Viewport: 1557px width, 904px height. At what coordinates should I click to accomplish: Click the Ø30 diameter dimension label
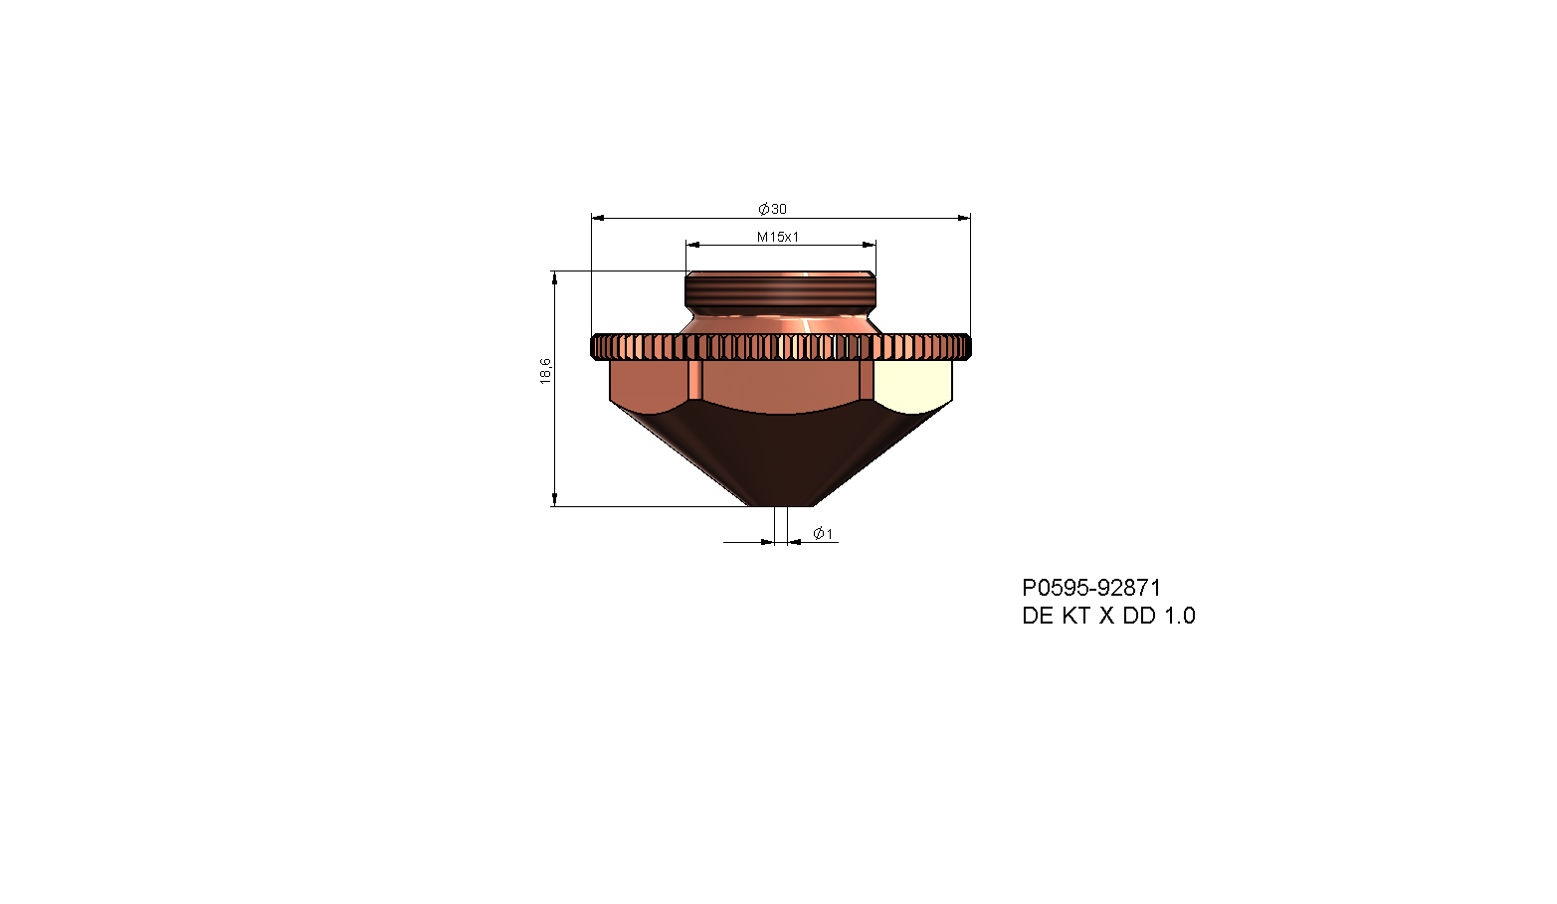[772, 209]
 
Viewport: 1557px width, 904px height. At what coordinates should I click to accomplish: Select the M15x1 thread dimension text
[778, 237]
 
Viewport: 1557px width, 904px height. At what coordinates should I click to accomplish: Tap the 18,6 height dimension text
[545, 371]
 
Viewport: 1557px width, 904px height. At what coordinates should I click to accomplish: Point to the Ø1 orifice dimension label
[823, 534]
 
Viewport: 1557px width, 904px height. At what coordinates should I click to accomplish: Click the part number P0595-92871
[1091, 588]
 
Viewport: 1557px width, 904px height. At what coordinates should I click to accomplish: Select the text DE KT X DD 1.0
[1108, 616]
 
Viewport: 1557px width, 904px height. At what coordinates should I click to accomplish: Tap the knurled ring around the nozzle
[781, 347]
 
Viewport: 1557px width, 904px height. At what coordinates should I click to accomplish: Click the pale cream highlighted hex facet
[912, 382]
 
